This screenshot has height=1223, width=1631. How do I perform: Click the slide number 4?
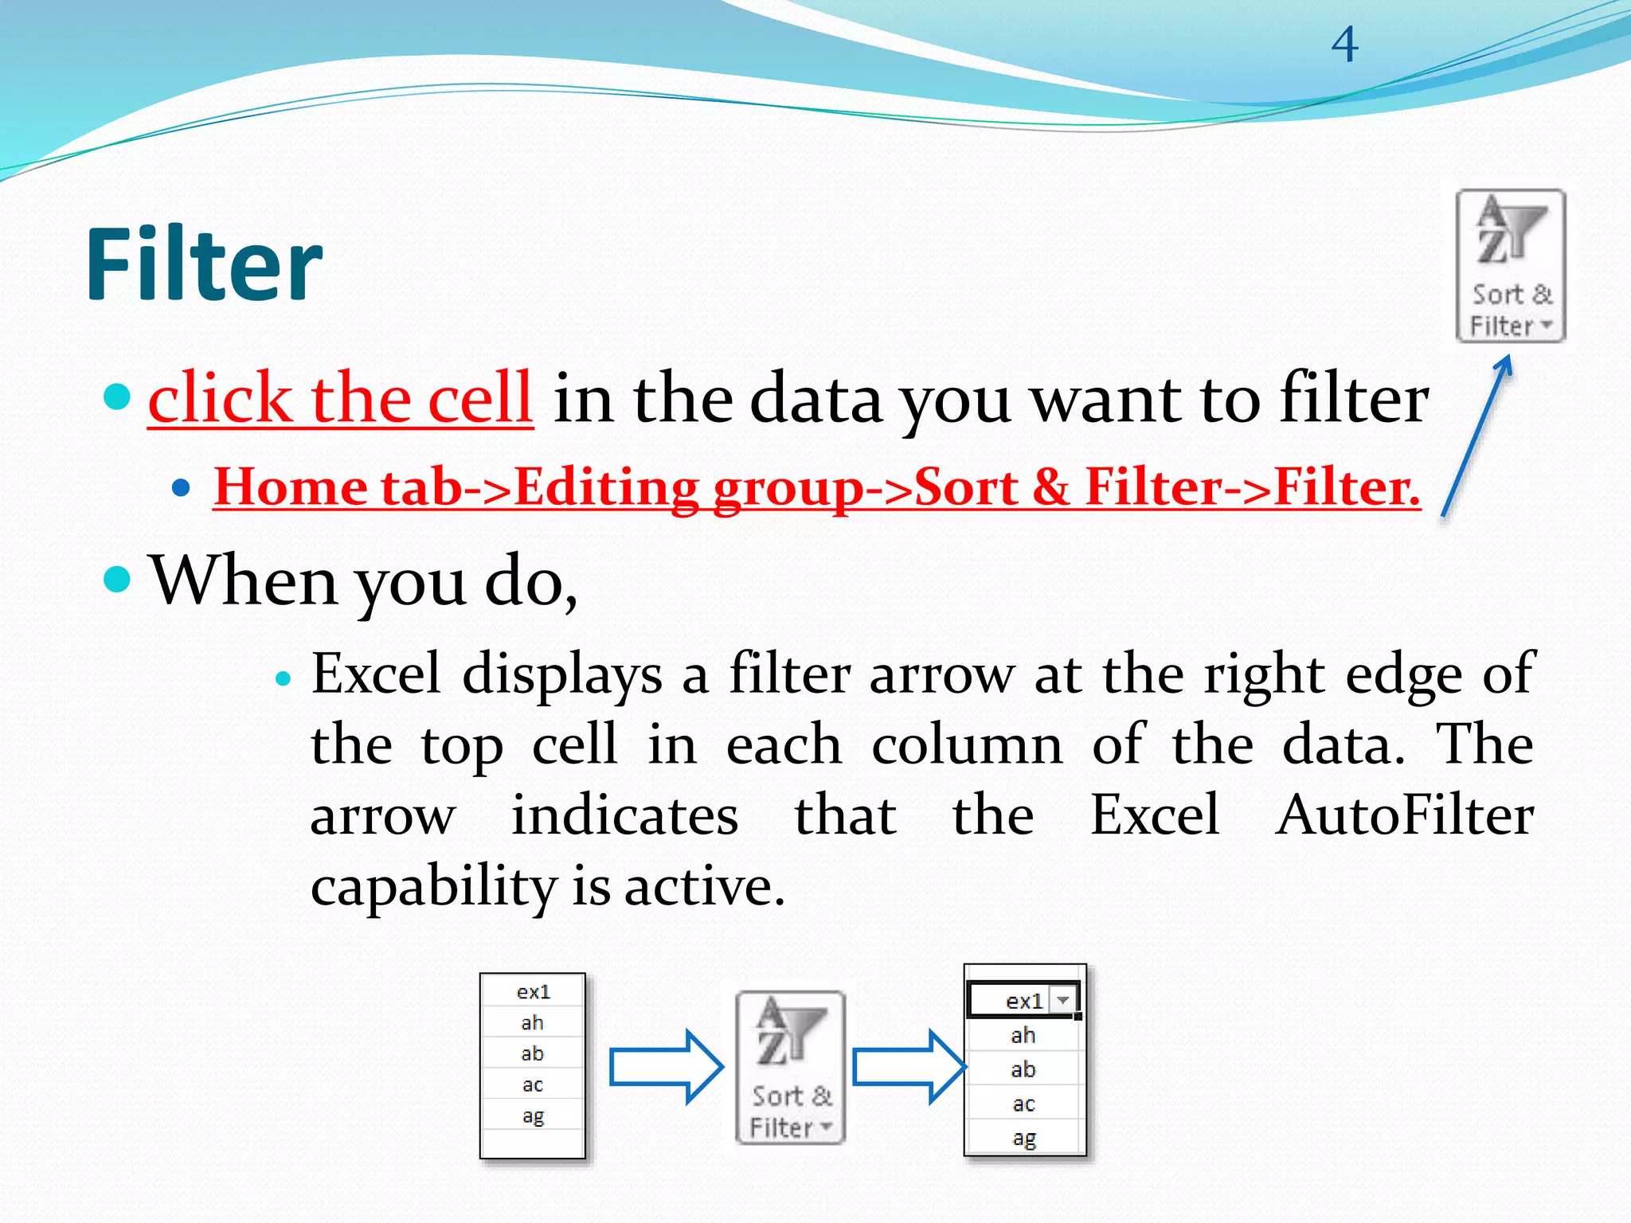coord(1344,45)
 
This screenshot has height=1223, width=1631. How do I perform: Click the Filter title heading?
coord(204,264)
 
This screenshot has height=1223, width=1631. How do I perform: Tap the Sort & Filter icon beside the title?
coord(1510,265)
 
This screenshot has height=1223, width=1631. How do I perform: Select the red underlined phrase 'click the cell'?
coord(340,398)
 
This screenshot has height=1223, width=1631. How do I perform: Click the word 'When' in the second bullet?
coord(243,580)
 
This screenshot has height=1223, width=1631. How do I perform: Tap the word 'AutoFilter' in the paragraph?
coord(1405,815)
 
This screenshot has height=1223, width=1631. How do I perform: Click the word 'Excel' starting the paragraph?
coord(375,674)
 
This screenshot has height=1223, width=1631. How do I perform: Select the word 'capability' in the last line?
coord(433,887)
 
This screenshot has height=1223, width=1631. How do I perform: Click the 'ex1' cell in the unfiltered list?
coord(533,992)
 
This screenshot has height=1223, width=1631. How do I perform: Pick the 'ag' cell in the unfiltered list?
coord(533,1116)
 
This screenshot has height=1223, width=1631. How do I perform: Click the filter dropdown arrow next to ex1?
coord(1063,1000)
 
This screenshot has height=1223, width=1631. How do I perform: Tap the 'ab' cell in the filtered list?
coord(1023,1069)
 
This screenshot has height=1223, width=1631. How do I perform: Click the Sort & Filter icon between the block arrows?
coord(790,1067)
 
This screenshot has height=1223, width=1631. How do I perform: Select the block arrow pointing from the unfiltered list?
coord(666,1067)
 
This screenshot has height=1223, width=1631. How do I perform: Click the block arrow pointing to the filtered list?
coord(909,1067)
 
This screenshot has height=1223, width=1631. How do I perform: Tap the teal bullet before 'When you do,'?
coord(117,580)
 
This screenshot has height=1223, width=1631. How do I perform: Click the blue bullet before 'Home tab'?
coord(182,487)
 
